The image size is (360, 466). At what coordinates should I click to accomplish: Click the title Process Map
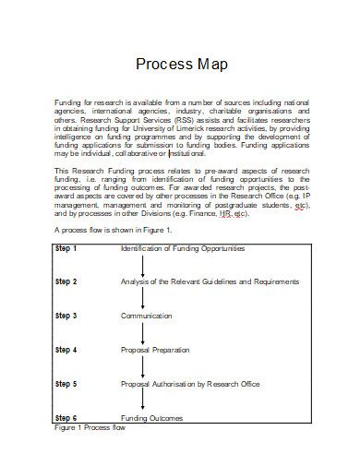click(x=181, y=65)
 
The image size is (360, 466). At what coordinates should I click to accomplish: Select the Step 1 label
click(x=66, y=248)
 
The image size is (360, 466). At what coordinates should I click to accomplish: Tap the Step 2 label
click(x=66, y=281)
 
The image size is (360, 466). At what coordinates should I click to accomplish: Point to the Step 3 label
click(x=66, y=316)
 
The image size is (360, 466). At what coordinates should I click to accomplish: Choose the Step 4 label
click(x=66, y=350)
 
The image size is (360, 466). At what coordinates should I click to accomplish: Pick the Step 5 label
click(x=66, y=383)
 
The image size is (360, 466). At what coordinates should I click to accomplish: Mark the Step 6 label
click(x=66, y=418)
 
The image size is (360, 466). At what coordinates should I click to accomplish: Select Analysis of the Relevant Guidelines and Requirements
click(x=210, y=281)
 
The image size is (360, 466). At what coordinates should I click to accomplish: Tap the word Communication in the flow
click(x=146, y=316)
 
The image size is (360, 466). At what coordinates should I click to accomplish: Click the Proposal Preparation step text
click(x=155, y=350)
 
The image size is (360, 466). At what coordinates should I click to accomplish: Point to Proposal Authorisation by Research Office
click(x=190, y=383)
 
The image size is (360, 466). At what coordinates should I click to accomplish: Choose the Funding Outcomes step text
click(x=151, y=418)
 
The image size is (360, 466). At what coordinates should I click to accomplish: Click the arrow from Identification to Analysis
click(x=144, y=264)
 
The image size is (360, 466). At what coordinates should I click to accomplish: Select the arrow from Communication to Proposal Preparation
click(x=144, y=332)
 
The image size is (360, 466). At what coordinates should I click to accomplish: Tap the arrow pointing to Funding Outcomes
click(x=144, y=400)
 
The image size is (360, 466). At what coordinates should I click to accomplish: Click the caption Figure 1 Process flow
click(x=89, y=429)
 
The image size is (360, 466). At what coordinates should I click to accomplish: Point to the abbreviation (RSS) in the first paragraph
click(x=166, y=120)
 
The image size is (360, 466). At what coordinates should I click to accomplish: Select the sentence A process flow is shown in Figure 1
click(x=113, y=229)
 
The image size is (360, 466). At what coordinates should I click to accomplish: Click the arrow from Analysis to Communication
click(x=144, y=298)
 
